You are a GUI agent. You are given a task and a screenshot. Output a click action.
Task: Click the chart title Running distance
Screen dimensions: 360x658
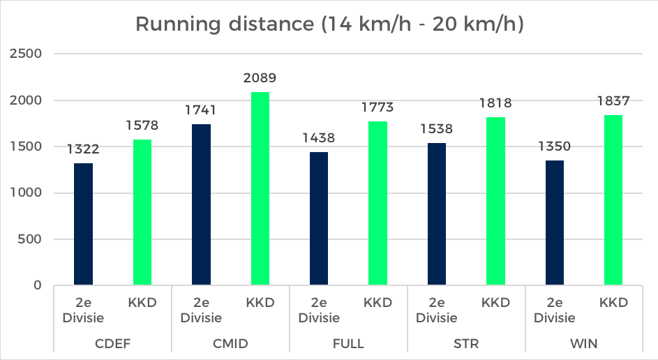pyautogui.click(x=329, y=24)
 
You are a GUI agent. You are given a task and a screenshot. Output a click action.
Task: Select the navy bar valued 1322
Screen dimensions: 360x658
pyautogui.click(x=83, y=224)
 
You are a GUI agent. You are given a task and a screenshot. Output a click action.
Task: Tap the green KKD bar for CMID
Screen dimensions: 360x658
pyautogui.click(x=260, y=188)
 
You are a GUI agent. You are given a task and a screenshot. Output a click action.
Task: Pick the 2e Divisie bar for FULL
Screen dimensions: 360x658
pyautogui.click(x=319, y=218)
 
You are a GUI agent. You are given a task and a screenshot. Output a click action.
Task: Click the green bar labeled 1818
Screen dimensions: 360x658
pyautogui.click(x=495, y=201)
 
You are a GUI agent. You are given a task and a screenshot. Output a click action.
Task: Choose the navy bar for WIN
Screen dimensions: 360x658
pyautogui.click(x=555, y=223)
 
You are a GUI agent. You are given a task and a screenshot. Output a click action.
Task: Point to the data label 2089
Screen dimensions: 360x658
pyautogui.click(x=260, y=78)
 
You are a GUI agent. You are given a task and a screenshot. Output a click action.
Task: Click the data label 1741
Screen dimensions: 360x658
pyautogui.click(x=201, y=110)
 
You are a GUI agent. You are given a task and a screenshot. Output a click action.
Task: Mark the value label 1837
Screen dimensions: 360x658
pyautogui.click(x=613, y=101)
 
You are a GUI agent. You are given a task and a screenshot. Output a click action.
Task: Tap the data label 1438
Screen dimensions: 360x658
pyautogui.click(x=319, y=138)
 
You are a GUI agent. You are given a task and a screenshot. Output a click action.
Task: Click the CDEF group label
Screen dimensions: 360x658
pyautogui.click(x=112, y=343)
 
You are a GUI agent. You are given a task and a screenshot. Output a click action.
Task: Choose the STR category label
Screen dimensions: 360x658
pyautogui.click(x=466, y=343)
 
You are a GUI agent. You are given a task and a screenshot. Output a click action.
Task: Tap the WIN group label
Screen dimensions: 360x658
pyautogui.click(x=584, y=343)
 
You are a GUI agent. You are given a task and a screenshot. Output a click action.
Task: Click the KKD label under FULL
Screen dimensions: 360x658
pyautogui.click(x=377, y=303)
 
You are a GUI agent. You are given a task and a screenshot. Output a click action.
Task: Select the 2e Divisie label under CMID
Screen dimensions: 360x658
pyautogui.click(x=201, y=310)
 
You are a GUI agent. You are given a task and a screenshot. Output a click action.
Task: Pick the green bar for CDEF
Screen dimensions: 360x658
pyautogui.click(x=142, y=212)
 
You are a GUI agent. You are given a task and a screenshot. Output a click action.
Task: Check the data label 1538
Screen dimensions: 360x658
pyautogui.click(x=437, y=129)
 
